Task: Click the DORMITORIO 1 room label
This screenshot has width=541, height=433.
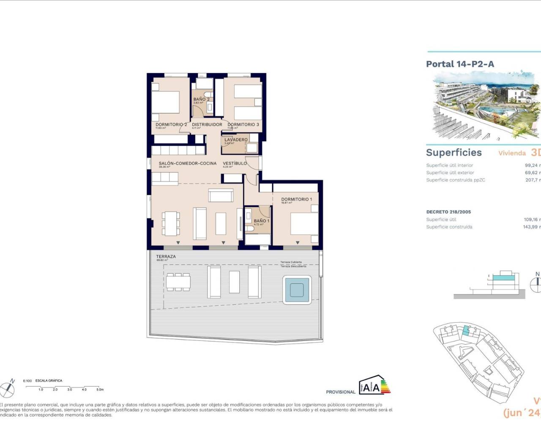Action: click(296, 199)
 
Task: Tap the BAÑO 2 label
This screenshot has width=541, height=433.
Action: click(201, 99)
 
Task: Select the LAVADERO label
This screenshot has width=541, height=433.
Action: click(236, 140)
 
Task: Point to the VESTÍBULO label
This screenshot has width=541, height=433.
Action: click(235, 163)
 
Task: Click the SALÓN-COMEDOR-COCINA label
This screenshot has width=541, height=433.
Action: click(187, 163)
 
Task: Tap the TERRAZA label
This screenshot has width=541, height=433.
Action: click(166, 257)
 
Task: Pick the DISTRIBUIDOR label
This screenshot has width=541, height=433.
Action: click(207, 125)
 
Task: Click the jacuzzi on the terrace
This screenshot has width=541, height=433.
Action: click(297, 289)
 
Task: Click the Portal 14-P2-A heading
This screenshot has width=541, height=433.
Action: click(460, 64)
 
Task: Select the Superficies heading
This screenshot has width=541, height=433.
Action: click(454, 153)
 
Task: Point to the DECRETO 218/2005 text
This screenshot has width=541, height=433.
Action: click(448, 212)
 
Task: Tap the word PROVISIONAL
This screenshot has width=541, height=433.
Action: click(340, 392)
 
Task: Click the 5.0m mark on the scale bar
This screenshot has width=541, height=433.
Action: click(100, 389)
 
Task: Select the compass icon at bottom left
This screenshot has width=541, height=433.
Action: click(8, 388)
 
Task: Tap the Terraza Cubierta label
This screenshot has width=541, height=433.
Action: click(291, 262)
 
